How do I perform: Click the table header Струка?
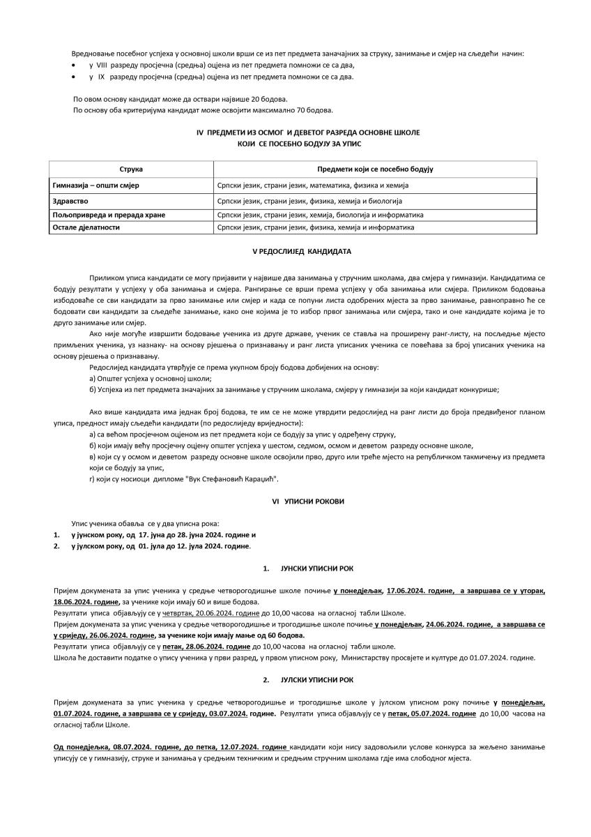pos(131,169)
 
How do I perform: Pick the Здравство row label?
pos(70,201)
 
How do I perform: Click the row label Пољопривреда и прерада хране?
pos(109,215)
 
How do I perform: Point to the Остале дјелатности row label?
pos(86,227)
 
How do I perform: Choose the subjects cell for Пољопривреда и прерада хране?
pos(320,215)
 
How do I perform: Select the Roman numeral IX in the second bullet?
pos(102,75)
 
